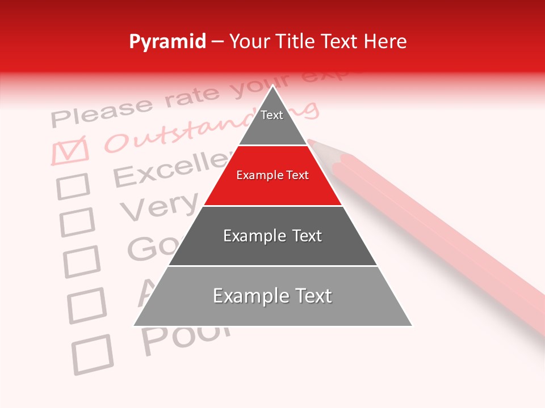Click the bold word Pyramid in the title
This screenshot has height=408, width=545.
pyautogui.click(x=167, y=42)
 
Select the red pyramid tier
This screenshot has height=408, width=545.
pyautogui.click(x=272, y=176)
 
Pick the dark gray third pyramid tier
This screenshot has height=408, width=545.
pyautogui.click(x=272, y=236)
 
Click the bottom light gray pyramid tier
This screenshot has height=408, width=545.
pyautogui.click(x=272, y=296)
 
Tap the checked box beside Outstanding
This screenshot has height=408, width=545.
pyautogui.click(x=69, y=150)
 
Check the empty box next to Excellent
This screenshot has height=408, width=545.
pyautogui.click(x=73, y=186)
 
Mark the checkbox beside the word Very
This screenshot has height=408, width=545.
pyautogui.click(x=77, y=222)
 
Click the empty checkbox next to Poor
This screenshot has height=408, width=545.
pyautogui.click(x=92, y=354)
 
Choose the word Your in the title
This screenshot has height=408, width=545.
pyautogui.click(x=249, y=41)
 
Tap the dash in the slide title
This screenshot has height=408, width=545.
pyautogui.click(x=217, y=42)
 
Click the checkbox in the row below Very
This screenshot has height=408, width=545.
pyautogui.click(x=82, y=261)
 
